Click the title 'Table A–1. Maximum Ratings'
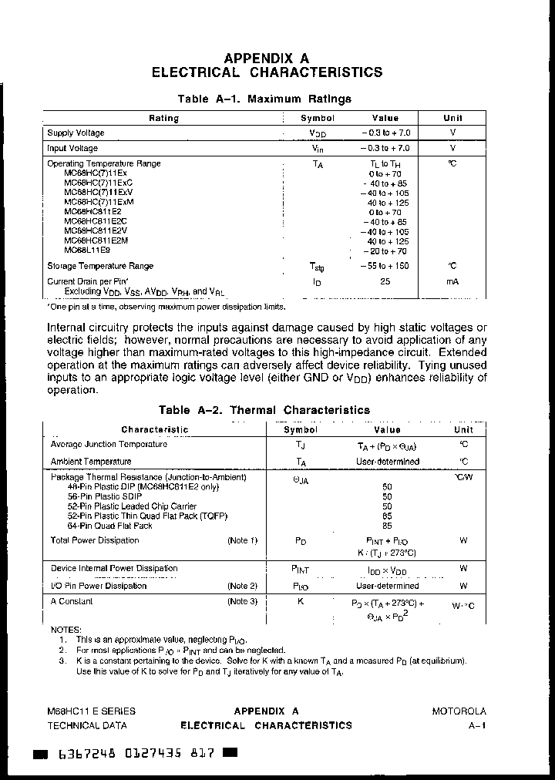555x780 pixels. coord(264,99)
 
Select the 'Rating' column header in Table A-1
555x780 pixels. coord(163,118)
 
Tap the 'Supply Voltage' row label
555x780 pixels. coord(76,133)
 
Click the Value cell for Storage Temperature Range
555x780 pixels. coord(385,266)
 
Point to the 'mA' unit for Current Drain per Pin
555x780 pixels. coord(452,281)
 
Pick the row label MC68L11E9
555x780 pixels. coord(87,250)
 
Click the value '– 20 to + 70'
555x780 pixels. coord(385,251)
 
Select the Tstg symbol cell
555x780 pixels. coord(317,267)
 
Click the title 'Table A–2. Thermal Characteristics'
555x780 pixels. coord(264,410)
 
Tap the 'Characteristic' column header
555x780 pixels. coord(154,429)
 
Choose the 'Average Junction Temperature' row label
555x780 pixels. coord(109,444)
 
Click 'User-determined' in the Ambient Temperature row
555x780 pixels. coord(388,462)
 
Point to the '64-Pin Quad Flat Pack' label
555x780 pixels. coord(110,526)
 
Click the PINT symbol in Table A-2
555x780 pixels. coord(300,569)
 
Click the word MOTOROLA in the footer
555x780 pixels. coord(459,711)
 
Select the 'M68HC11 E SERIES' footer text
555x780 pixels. coord(91,711)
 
